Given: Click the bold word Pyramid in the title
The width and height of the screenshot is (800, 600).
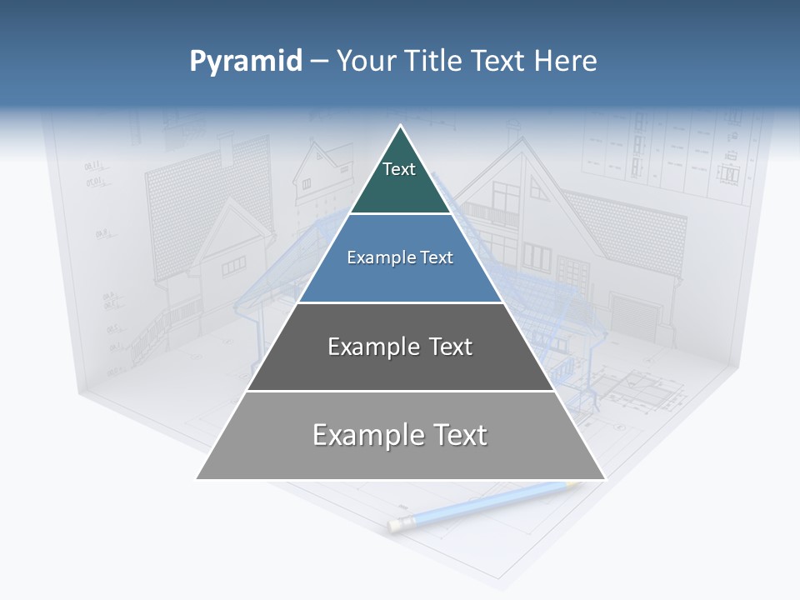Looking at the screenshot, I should click(246, 62).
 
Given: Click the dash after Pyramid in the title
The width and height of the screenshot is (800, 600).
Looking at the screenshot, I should click(318, 62).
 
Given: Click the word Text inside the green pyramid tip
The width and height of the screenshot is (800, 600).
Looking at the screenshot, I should click(399, 169).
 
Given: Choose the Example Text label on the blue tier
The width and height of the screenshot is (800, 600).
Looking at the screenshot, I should click(400, 257).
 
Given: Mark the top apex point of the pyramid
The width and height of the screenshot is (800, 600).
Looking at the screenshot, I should click(401, 126).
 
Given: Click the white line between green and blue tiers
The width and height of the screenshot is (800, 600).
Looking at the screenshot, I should click(401, 214).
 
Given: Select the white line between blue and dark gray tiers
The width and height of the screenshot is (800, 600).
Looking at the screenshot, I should click(401, 302).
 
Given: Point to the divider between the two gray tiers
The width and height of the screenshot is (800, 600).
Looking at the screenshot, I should click(401, 391).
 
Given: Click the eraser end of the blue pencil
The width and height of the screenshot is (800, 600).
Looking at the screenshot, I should click(394, 525).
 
